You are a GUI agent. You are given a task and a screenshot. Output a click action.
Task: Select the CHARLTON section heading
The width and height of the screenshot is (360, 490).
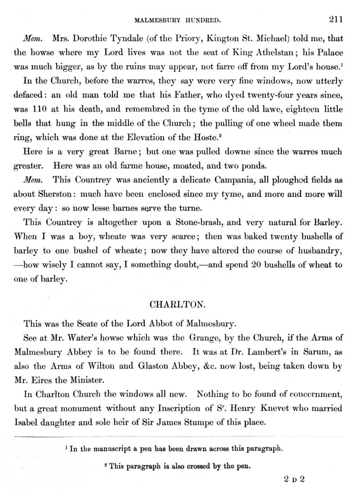point(178,304)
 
